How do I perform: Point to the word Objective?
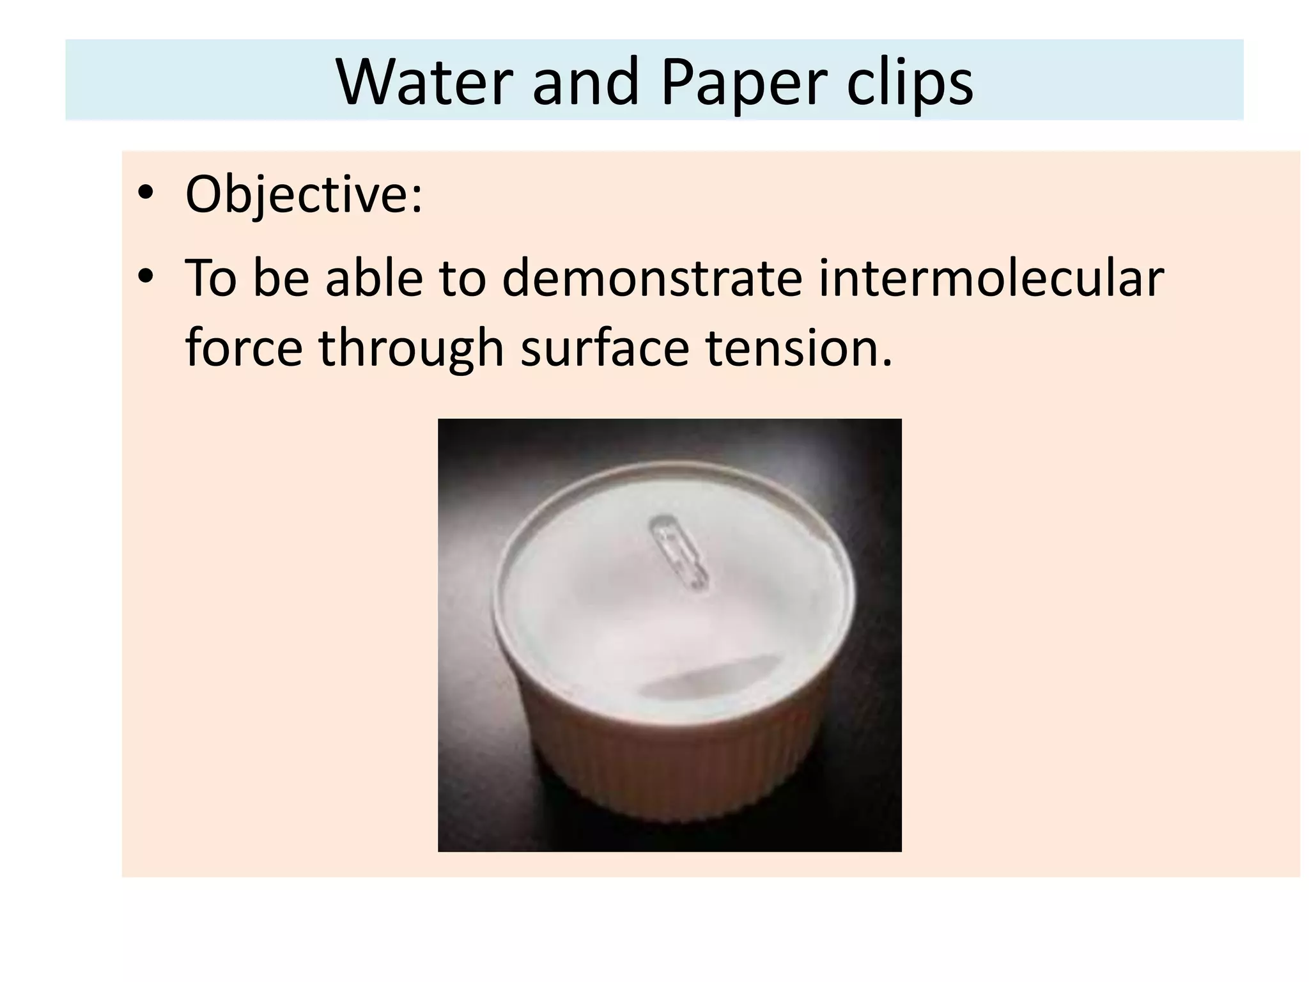(x=304, y=194)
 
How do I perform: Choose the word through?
(x=412, y=348)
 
